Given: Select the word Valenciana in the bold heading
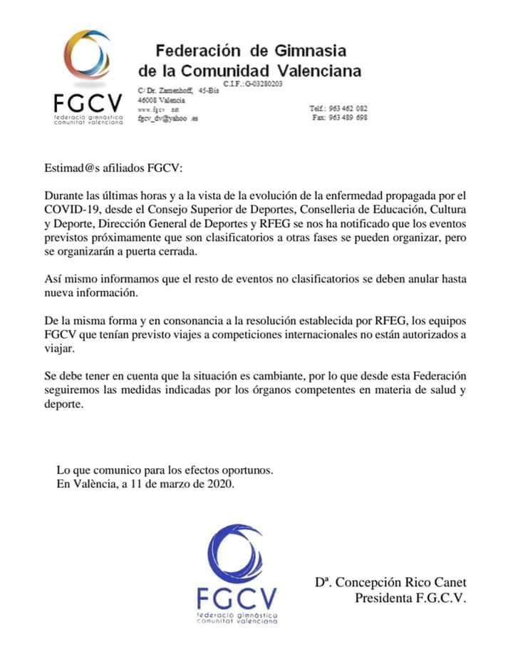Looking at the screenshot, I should tap(318, 71).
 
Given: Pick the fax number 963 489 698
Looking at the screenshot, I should tap(349, 118).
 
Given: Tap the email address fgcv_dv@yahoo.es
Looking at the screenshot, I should tap(167, 118).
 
